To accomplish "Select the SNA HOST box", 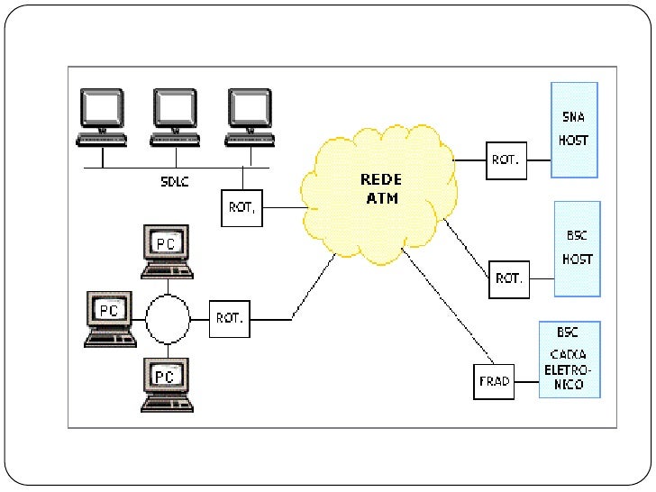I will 573,129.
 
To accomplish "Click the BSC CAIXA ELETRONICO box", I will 569,359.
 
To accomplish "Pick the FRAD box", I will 493,381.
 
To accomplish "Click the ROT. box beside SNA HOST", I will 505,160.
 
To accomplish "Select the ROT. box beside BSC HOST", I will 508,278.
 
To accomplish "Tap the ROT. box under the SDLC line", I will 241,208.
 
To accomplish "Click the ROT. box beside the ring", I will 229,318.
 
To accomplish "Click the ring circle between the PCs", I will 168,318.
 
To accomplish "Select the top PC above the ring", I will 166,251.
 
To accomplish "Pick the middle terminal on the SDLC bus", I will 175,115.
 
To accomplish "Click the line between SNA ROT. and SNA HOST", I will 537,160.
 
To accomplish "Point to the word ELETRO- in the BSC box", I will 569,369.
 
